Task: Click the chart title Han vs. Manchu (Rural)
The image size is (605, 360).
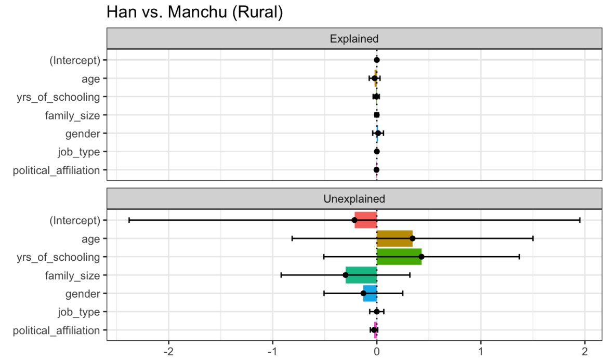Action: pos(194,12)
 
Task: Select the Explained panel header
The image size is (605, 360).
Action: pos(354,38)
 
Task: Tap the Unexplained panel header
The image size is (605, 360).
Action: pos(354,198)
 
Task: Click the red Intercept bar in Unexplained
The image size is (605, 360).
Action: pos(365,220)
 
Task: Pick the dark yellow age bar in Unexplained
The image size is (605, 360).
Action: pos(394,238)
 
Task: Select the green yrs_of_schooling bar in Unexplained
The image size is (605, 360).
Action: pos(399,257)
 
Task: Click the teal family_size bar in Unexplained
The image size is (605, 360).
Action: pos(361,275)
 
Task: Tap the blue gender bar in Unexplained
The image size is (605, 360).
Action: pos(370,294)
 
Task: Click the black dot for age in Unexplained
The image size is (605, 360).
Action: pos(413,238)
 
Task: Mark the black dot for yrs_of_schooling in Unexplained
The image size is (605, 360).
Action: pos(422,257)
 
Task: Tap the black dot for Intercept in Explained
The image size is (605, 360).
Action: pos(377,60)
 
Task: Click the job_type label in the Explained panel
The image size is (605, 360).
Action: pos(78,152)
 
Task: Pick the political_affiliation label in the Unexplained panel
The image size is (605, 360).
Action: pos(56,330)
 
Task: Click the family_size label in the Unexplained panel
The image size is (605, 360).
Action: pos(72,275)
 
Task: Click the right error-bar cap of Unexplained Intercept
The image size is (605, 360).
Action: pos(580,220)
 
